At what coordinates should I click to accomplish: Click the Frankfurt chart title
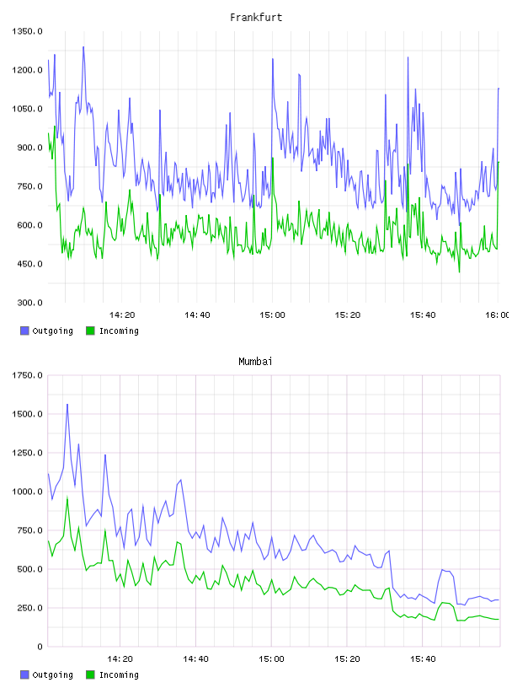click(256, 18)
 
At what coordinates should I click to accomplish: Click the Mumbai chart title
click(255, 362)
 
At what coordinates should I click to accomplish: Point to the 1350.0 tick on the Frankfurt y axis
click(27, 31)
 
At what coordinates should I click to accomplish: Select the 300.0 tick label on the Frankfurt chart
click(29, 303)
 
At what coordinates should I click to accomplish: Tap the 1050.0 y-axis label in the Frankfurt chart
click(27, 109)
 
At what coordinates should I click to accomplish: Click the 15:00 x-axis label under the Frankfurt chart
click(272, 315)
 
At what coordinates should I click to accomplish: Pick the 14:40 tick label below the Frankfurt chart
click(197, 315)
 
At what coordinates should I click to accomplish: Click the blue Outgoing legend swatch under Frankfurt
click(24, 331)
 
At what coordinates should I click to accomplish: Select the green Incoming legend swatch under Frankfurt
click(90, 331)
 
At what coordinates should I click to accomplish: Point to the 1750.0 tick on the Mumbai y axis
click(27, 375)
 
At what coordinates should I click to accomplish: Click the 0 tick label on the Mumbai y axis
click(40, 647)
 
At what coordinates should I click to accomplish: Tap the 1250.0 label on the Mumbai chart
click(27, 453)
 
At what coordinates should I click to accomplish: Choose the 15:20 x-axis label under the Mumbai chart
click(347, 659)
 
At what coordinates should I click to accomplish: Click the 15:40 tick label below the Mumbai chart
click(423, 659)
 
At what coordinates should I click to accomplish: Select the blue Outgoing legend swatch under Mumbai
click(24, 675)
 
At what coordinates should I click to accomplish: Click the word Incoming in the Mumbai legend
click(119, 675)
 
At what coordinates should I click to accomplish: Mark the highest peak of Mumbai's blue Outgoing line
click(67, 405)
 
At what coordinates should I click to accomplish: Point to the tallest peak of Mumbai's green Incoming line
click(67, 497)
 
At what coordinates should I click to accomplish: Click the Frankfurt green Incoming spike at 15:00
click(273, 158)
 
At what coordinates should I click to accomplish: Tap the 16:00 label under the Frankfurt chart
click(497, 315)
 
